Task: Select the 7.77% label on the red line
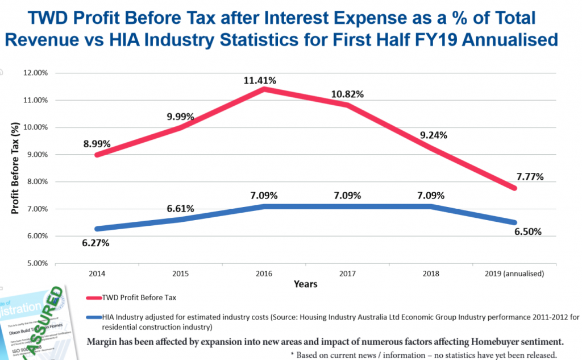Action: pyautogui.click(x=530, y=176)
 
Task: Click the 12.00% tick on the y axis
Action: pyautogui.click(x=35, y=73)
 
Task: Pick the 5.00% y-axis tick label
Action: pyautogui.click(x=36, y=263)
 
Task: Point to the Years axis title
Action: pyautogui.click(x=306, y=284)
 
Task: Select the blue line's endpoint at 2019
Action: pyautogui.click(x=516, y=222)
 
